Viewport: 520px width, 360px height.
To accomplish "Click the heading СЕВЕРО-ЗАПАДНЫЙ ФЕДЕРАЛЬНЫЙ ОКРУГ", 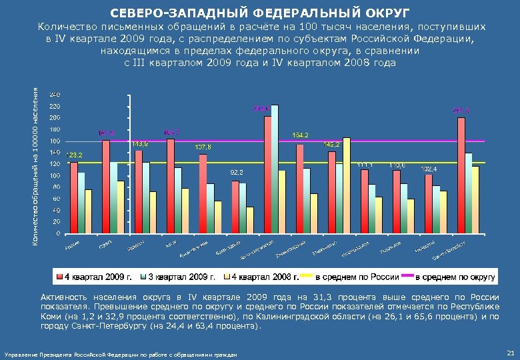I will point(260,13).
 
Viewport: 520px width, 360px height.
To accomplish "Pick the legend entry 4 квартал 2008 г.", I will point(261,276).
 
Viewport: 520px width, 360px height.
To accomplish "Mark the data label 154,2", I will point(300,135).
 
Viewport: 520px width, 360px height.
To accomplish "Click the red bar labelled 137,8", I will point(203,193).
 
